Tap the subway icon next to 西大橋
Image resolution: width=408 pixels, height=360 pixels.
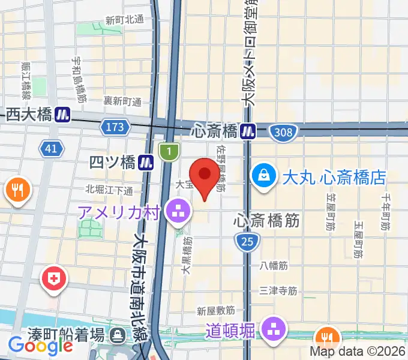[x=62, y=115]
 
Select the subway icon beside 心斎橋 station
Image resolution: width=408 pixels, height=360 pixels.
[x=248, y=130]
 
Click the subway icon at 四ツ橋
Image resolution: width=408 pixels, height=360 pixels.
[x=145, y=161]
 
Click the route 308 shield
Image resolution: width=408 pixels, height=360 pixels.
[x=281, y=131]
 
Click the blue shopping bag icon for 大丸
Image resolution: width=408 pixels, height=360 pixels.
[x=263, y=176]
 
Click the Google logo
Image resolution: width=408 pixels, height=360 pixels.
[x=40, y=346]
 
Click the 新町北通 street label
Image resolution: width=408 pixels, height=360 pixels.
[x=125, y=19]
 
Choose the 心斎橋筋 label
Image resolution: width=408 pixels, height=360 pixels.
[x=266, y=221]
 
